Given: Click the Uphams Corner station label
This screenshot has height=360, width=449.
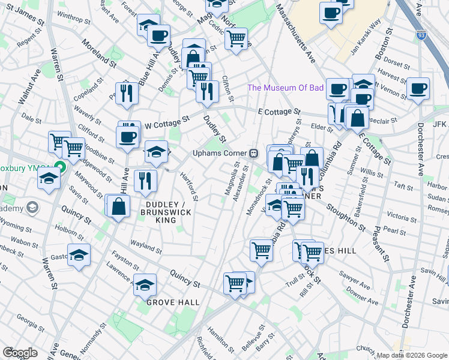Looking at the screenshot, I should click(x=220, y=152).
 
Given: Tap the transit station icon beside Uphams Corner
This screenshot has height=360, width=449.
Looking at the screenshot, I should click(x=254, y=153).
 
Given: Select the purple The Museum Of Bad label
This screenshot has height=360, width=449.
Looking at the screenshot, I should click(x=286, y=88).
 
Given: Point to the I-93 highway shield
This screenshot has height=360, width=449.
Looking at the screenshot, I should click(x=422, y=36).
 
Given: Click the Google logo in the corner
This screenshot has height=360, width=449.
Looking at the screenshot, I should click(x=20, y=352).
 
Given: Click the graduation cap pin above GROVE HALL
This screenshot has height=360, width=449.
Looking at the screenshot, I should click(x=145, y=286).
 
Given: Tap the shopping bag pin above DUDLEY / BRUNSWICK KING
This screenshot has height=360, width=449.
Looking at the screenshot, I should click(x=120, y=206).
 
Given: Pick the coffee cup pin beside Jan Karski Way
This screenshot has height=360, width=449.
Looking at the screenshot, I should click(x=330, y=13).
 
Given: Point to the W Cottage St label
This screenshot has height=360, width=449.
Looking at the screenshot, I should click(x=167, y=122).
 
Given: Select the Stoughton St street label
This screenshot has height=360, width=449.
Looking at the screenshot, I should click(x=345, y=216).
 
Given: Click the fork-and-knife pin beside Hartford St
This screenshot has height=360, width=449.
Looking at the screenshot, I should click(x=145, y=181).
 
